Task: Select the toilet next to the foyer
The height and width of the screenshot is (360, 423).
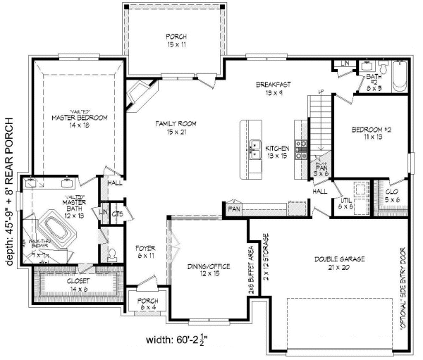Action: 113,252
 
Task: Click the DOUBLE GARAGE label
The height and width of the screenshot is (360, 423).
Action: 339,263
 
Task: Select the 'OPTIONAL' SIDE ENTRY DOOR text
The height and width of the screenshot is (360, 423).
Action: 404,290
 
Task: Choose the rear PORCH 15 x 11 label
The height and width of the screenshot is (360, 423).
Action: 176,39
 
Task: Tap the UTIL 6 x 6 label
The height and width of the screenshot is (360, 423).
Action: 345,202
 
